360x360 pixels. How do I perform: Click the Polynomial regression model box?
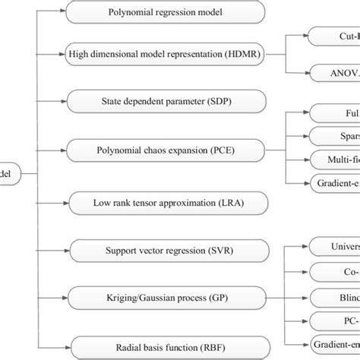click(166, 13)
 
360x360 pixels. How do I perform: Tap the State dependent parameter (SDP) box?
click(166, 100)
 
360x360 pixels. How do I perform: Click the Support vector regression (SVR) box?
click(166, 250)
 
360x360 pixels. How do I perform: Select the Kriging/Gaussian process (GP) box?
click(166, 295)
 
